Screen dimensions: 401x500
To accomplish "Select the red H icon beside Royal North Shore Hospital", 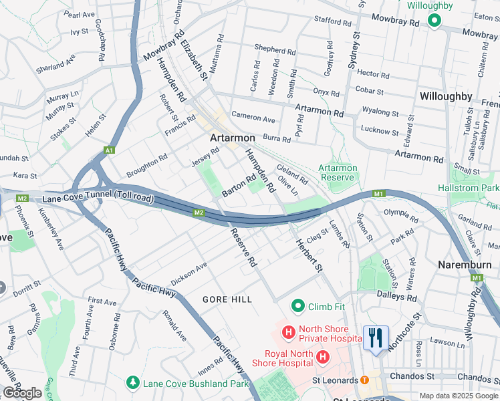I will point(323,358).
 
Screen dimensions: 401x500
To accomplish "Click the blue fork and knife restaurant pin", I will point(375,338).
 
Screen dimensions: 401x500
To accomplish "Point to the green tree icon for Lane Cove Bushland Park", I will point(133,383).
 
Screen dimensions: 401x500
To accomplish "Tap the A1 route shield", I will point(109,151).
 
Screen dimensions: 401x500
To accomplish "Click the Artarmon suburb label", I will point(233,138).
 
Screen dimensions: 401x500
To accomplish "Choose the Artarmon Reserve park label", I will point(338,172).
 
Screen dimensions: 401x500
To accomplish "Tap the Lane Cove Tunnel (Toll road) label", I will point(98,199).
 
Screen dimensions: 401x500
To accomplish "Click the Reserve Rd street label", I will point(244,248).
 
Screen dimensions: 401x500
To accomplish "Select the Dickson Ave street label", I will point(189,271).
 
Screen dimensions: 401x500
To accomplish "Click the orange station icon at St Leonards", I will point(364,380).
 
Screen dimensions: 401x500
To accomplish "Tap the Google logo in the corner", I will point(22,393).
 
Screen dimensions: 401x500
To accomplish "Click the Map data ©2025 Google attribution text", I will point(459,396).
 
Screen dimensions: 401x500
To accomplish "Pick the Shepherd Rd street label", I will point(275,49).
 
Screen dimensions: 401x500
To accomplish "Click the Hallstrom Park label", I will point(468,188).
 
